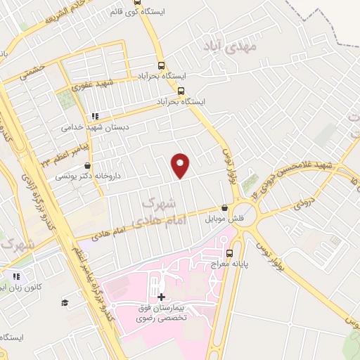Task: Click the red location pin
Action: point(181,165)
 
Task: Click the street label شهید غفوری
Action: point(96,84)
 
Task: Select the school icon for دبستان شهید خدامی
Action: point(94,117)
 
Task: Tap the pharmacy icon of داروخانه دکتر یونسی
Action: point(87,166)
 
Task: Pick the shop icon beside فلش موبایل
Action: point(224,208)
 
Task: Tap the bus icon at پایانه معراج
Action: point(229,253)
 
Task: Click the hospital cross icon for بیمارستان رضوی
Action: point(161,297)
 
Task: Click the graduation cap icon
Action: point(65,302)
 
